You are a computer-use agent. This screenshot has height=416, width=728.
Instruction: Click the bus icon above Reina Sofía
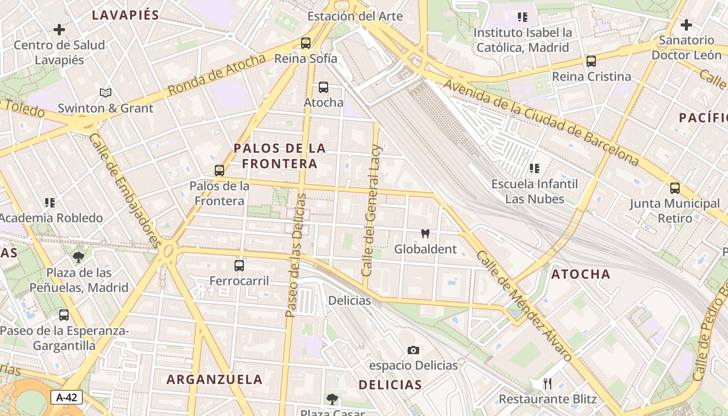pyautogui.click(x=306, y=43)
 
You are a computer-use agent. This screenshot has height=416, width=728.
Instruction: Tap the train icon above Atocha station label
pyautogui.click(x=323, y=87)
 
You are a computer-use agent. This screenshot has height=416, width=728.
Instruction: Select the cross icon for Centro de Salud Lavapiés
pyautogui.click(x=59, y=29)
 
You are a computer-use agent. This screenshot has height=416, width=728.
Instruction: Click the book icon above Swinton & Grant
pyautogui.click(x=106, y=93)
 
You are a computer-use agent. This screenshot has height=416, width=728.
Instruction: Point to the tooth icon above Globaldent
pyautogui.click(x=425, y=234)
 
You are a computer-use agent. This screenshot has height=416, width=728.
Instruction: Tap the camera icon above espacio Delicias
pyautogui.click(x=413, y=350)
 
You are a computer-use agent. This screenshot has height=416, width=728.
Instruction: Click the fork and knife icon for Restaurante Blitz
pyautogui.click(x=547, y=384)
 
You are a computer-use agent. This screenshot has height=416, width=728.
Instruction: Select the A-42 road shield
pyautogui.click(x=67, y=398)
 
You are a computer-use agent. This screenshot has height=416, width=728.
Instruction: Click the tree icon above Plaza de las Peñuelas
pyautogui.click(x=79, y=257)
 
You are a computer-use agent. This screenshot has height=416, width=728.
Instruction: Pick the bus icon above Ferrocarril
pyautogui.click(x=239, y=266)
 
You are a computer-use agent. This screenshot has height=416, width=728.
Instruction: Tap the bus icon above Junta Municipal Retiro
pyautogui.click(x=675, y=188)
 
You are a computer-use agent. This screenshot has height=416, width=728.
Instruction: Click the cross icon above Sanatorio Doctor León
pyautogui.click(x=686, y=24)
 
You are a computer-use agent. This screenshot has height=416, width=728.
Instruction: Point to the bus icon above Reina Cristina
pyautogui.click(x=591, y=61)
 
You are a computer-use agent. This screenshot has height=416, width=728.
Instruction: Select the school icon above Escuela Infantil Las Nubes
pyautogui.click(x=535, y=168)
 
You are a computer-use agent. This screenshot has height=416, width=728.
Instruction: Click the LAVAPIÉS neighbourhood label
pyautogui.click(x=125, y=15)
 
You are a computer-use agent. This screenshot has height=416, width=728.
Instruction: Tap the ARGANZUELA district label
pyautogui.click(x=215, y=379)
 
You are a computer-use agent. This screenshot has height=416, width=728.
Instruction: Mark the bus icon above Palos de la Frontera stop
pyautogui.click(x=219, y=171)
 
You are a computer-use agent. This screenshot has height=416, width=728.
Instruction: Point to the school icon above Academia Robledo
pyautogui.click(x=50, y=202)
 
